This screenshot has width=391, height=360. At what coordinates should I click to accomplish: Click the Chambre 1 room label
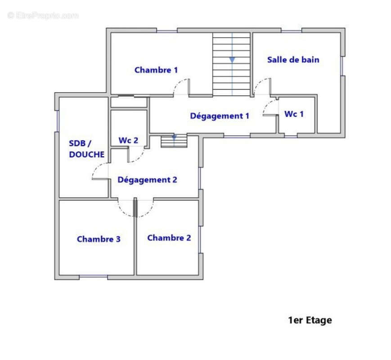[156, 70]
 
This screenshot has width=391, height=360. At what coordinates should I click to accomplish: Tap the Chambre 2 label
[169, 238]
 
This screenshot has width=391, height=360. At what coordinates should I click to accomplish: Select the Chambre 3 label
[99, 239]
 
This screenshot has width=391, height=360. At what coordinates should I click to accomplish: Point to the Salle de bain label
[293, 60]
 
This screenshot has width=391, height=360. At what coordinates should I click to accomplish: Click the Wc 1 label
[294, 114]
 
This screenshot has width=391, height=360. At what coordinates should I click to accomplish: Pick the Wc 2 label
[128, 140]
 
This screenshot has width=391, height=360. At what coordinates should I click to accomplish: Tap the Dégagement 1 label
[220, 116]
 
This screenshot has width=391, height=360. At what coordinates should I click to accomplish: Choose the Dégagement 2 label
[147, 180]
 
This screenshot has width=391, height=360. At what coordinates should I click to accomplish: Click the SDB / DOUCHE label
[86, 149]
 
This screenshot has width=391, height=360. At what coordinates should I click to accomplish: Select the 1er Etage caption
[310, 320]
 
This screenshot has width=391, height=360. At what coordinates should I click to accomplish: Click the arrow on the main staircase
[232, 60]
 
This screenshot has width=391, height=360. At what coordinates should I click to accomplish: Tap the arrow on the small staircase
[174, 137]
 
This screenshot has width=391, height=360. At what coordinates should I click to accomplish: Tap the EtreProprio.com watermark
[43, 15]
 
